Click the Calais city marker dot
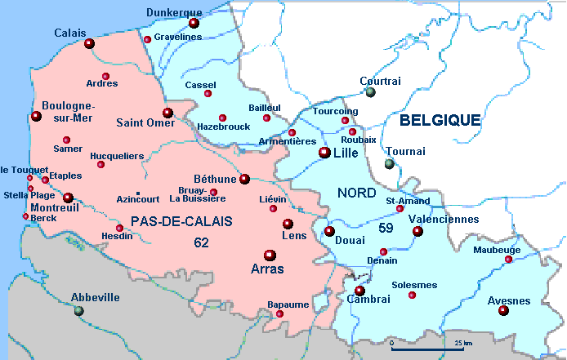click(89, 44)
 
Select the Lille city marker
click(324, 153)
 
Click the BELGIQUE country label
click(440, 120)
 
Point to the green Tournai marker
click(390, 163)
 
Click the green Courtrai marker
click(370, 92)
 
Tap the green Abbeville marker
click(78, 310)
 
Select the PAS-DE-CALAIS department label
click(181, 221)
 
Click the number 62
click(201, 242)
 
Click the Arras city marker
click(270, 255)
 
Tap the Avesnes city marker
click(503, 310)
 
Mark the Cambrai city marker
click(359, 291)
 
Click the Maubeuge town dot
click(508, 260)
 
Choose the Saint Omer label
click(145, 123)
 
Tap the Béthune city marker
click(244, 179)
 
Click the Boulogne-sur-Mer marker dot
click(36, 117)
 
